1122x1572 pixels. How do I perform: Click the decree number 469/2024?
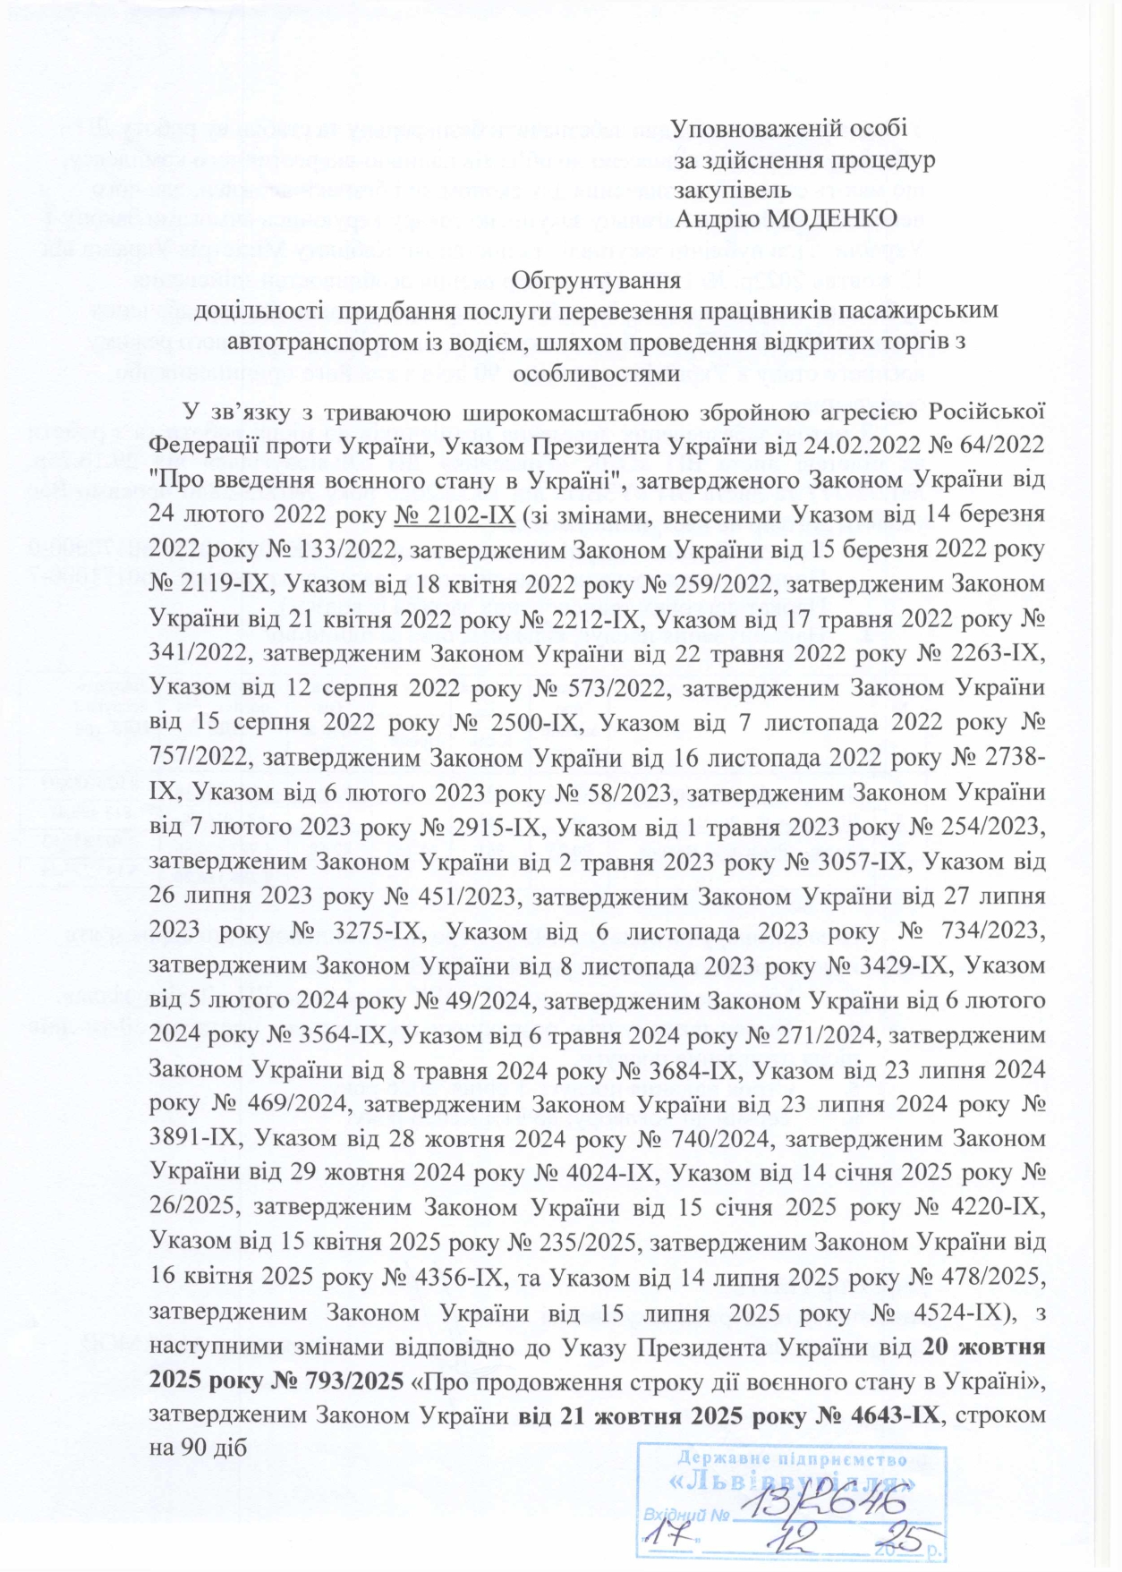[x=302, y=1105]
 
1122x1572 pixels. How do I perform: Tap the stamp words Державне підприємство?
[x=791, y=1457]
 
